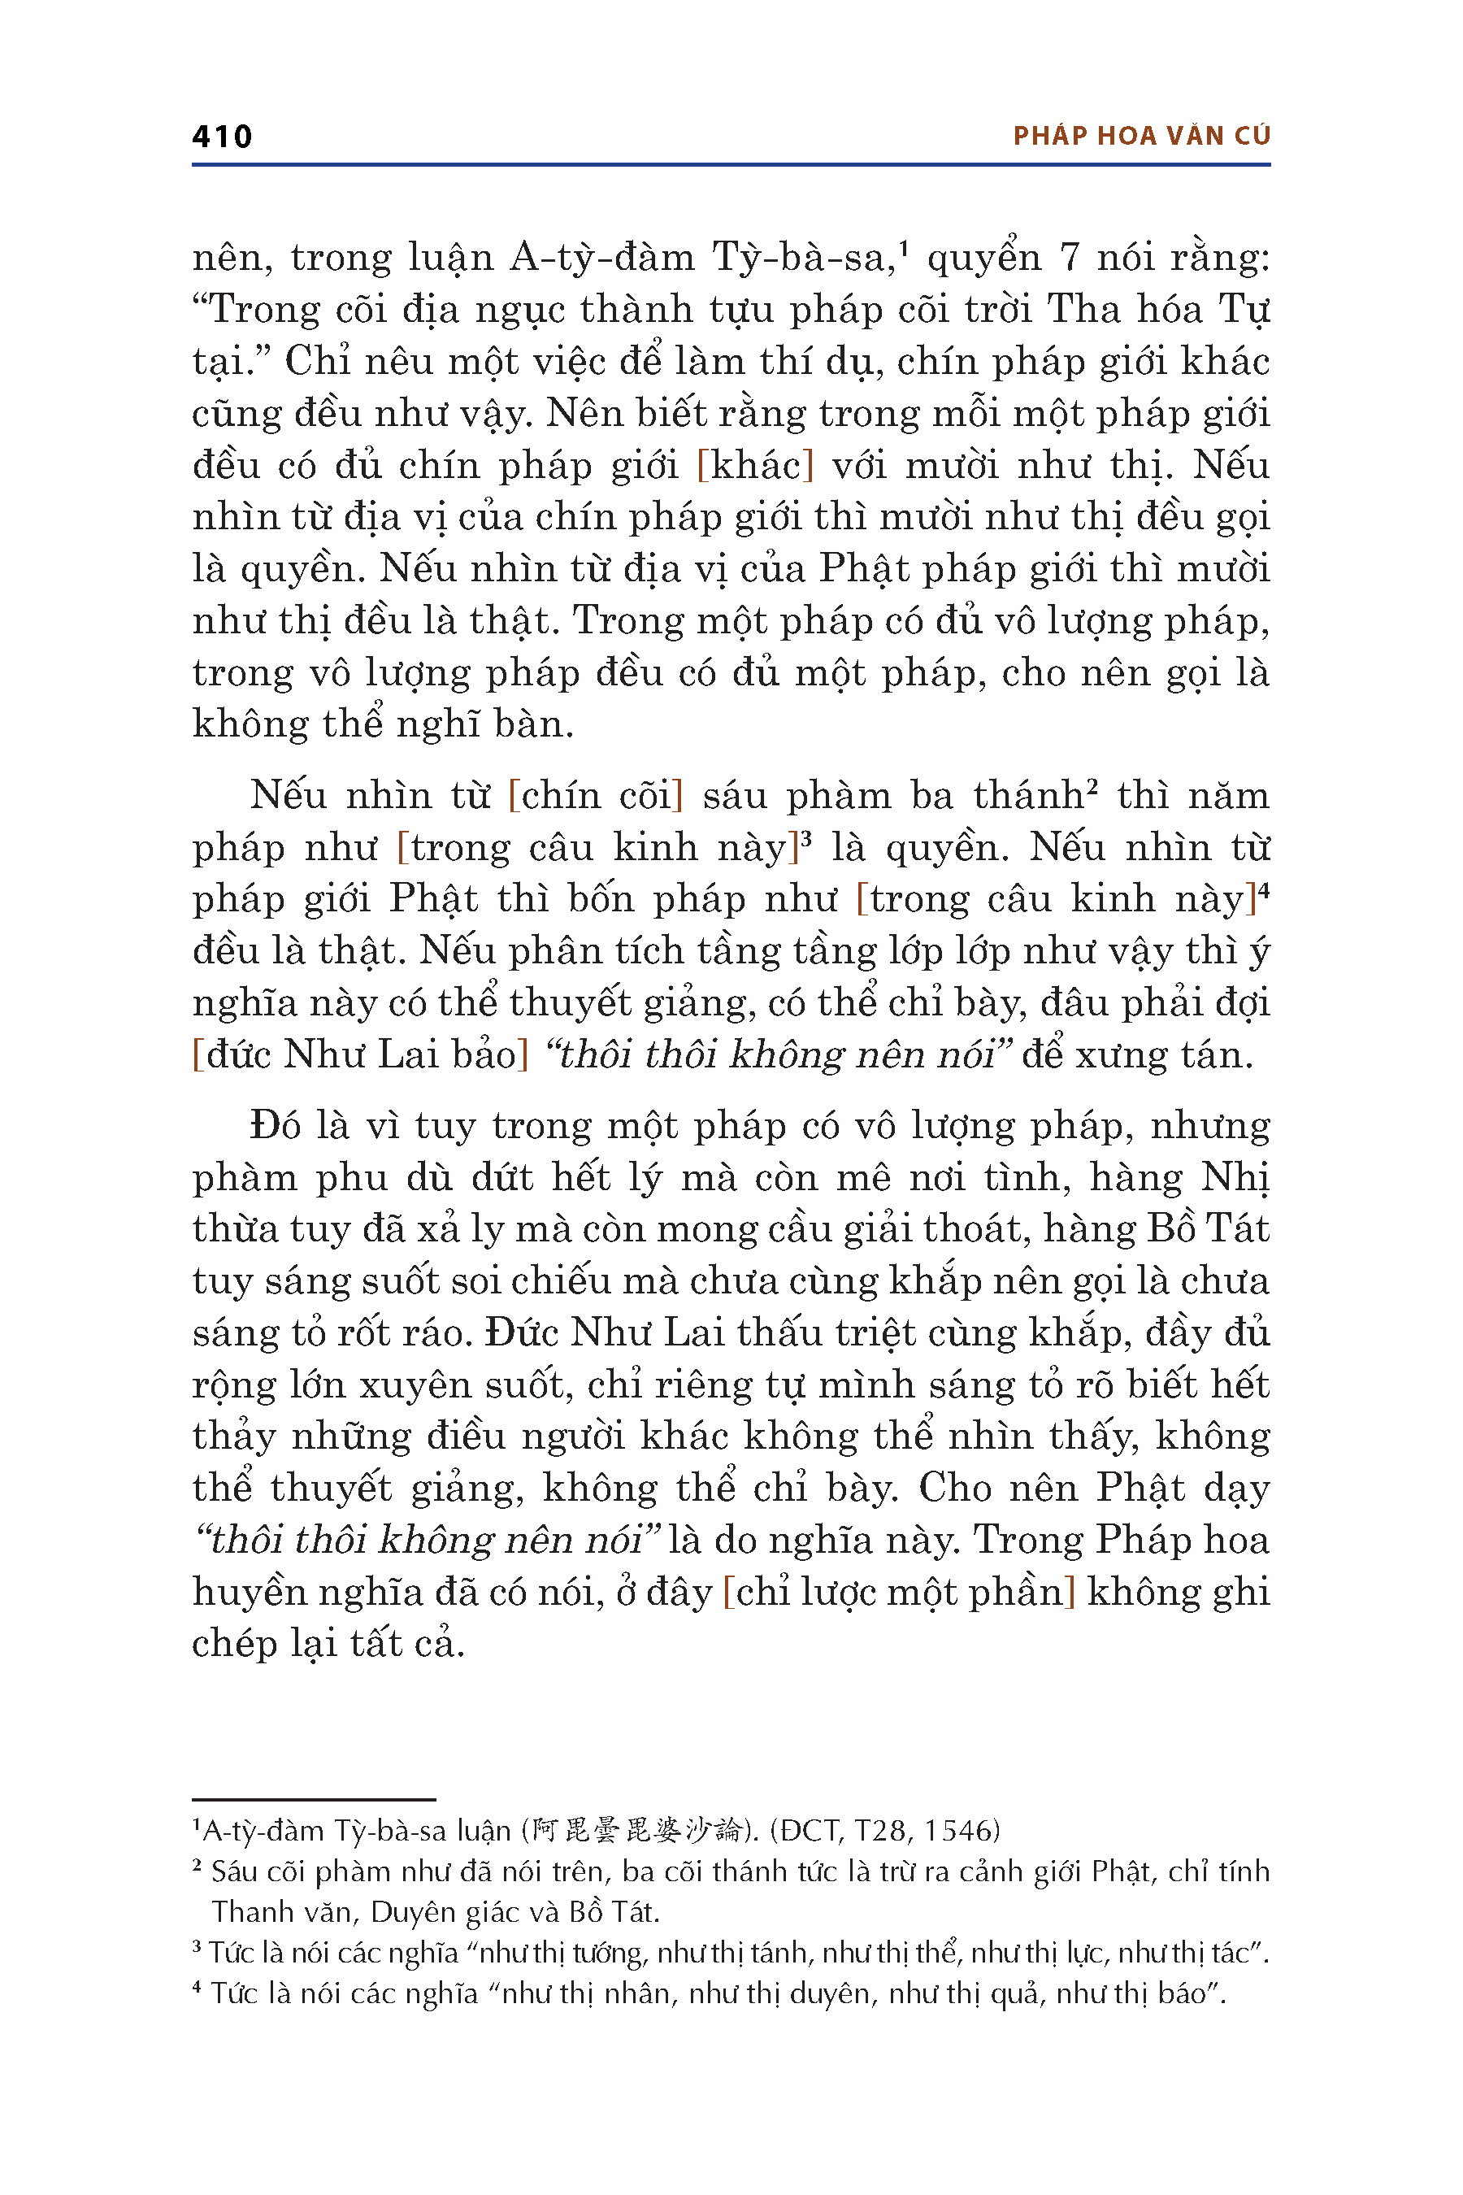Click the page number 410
tap(222, 137)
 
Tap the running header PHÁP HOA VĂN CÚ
tap(1141, 137)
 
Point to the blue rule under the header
tap(731, 165)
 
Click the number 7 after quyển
tap(1070, 258)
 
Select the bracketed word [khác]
tap(756, 465)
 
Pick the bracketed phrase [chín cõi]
tap(597, 795)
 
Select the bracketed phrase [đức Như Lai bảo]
tap(360, 1054)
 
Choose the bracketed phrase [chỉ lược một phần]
tap(900, 1592)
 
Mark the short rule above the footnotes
tap(314, 1798)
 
